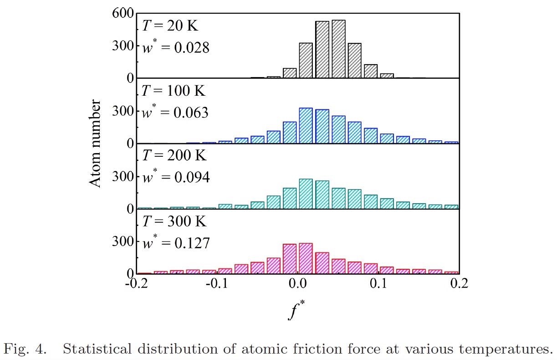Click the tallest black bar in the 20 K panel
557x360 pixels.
[338, 49]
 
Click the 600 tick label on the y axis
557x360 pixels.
[123, 14]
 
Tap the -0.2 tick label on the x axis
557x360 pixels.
[135, 284]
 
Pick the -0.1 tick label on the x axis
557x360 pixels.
[216, 284]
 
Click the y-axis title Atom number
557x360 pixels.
[95, 144]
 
